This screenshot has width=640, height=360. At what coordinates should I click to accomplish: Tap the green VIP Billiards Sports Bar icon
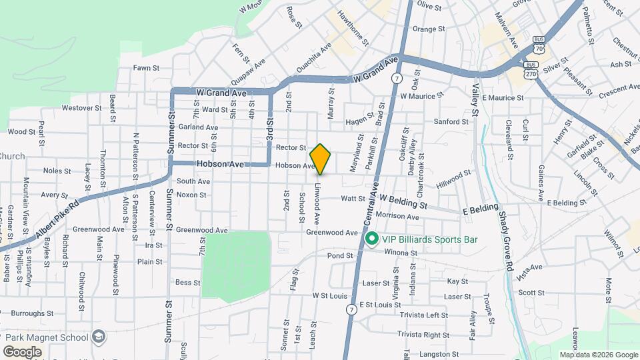click(371, 238)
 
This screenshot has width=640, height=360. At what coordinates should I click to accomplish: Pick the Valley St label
click(475, 99)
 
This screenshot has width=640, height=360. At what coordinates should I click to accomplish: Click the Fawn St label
click(146, 67)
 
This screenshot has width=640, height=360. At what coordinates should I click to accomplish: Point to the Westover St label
click(77, 107)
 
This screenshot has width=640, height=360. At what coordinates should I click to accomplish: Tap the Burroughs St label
click(32, 313)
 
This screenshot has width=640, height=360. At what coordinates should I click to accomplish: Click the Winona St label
click(401, 253)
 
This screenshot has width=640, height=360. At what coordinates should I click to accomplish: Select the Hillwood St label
click(453, 177)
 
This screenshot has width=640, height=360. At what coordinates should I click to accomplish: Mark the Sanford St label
click(451, 122)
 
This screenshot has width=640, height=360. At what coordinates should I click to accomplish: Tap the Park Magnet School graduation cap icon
click(99, 335)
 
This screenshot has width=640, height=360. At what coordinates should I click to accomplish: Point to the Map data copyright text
click(598, 355)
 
